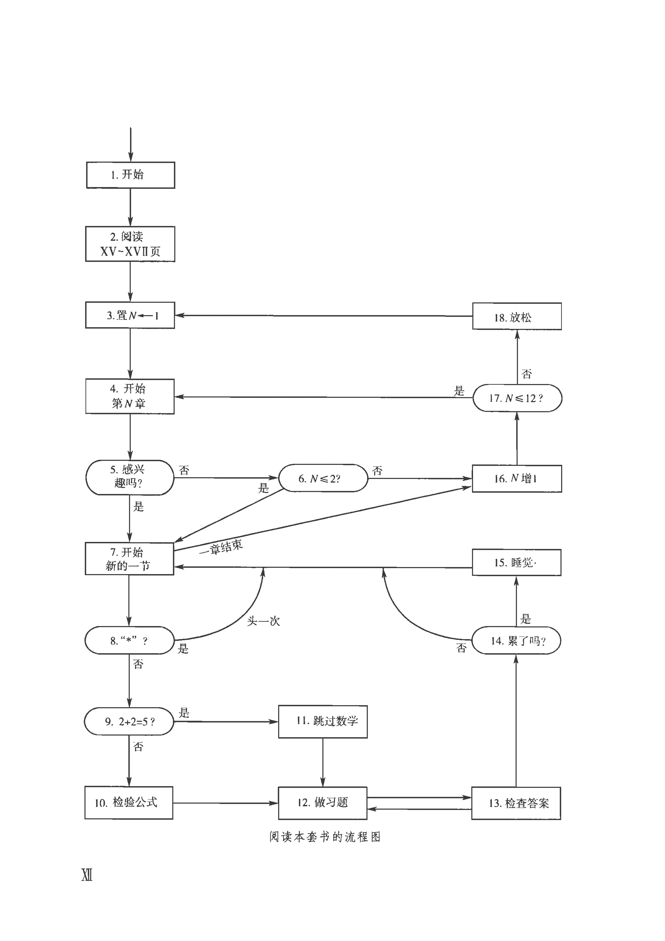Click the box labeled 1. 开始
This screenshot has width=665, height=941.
point(130,175)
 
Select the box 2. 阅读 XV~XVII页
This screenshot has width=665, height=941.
point(130,244)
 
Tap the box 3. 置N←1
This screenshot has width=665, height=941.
point(130,315)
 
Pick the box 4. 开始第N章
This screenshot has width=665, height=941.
point(130,396)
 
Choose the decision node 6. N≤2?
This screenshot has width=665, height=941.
point(323,478)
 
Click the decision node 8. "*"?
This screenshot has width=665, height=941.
point(129,640)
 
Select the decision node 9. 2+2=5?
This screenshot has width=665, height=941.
point(129,721)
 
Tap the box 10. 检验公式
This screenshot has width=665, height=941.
point(129,802)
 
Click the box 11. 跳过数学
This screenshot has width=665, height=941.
point(323,721)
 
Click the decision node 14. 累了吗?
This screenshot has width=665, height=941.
point(516,640)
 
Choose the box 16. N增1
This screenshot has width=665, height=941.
point(517,478)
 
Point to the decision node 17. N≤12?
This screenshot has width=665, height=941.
point(517,398)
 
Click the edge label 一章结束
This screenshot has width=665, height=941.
point(221,547)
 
